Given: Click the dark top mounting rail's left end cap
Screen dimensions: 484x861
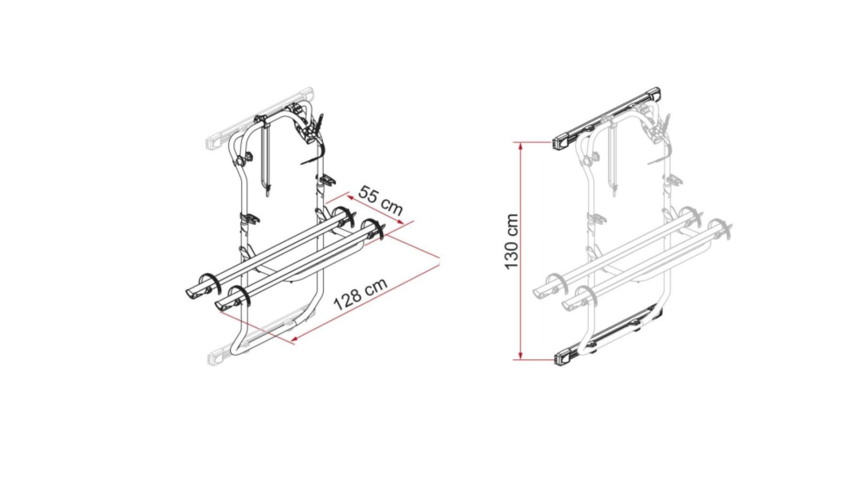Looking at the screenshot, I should click(x=561, y=142).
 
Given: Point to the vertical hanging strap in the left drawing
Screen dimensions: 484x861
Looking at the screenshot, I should click(x=265, y=160).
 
